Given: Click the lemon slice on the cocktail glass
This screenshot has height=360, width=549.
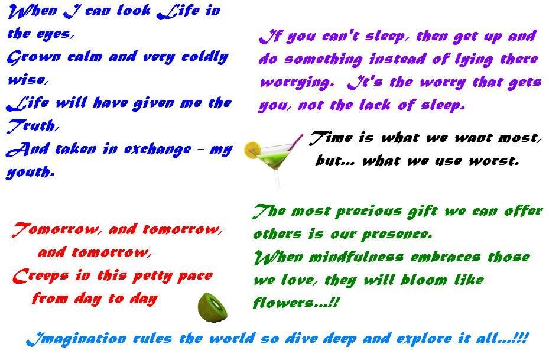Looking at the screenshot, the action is [252, 150].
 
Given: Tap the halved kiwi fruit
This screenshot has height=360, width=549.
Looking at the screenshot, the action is [213, 307].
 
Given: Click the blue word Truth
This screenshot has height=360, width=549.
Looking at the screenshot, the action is [33, 126].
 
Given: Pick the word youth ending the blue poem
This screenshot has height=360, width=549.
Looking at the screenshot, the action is [31, 172].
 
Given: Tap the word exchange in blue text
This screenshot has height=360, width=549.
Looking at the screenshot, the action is [158, 149].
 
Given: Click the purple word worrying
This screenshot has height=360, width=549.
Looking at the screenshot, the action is [295, 83].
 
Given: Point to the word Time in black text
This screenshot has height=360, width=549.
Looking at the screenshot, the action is [331, 137].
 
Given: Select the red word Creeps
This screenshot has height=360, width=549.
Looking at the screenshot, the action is [41, 276].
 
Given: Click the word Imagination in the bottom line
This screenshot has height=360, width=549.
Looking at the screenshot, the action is [76, 339].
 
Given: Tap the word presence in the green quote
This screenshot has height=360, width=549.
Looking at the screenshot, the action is [397, 234].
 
